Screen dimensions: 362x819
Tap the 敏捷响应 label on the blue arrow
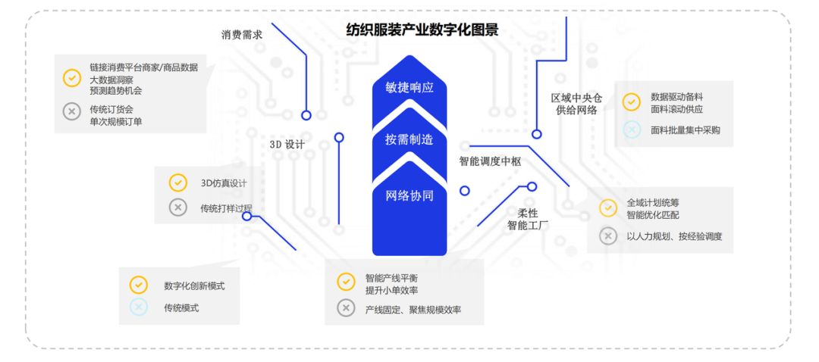(x=409, y=87)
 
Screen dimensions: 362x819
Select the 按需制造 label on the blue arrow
(x=409, y=139)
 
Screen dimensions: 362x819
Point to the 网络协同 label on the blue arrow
(x=409, y=195)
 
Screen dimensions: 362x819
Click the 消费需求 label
(x=242, y=35)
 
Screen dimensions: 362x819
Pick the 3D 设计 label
(x=287, y=144)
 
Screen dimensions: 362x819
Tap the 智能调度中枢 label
(x=490, y=161)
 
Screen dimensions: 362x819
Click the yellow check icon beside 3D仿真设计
(x=177, y=183)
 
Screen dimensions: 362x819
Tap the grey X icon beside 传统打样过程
(x=177, y=208)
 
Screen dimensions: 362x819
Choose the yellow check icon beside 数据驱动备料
(x=631, y=101)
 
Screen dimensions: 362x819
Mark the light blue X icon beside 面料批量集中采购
(x=631, y=130)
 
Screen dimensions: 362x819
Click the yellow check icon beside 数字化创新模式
(x=138, y=285)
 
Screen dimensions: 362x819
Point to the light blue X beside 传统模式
(x=138, y=307)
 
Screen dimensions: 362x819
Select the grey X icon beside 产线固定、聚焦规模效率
(x=346, y=308)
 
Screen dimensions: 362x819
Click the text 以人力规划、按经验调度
(x=674, y=236)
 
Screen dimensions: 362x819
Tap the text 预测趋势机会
(x=116, y=91)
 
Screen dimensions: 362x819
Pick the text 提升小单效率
(x=391, y=291)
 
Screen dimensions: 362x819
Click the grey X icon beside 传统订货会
(x=71, y=111)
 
